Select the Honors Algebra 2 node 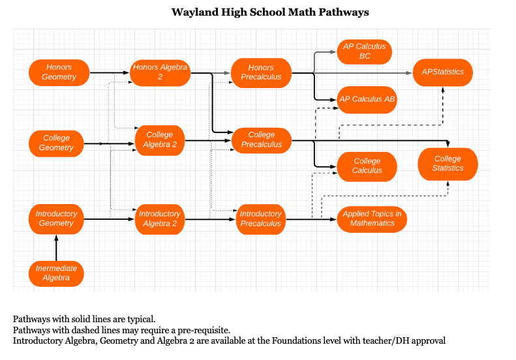point(160,72)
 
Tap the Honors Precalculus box point(261,72)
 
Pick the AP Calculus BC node point(365,51)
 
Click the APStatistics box point(443,72)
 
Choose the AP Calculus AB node point(367,99)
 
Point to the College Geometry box point(57,143)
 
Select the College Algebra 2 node point(160,140)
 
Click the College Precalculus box point(261,140)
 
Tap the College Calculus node point(367,166)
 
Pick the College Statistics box point(448,164)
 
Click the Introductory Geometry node point(56,218)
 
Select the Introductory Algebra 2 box point(160,218)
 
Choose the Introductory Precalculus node point(261,218)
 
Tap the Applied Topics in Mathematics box point(372,218)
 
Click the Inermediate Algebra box point(56,273)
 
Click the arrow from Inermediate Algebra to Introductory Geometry point(56,247)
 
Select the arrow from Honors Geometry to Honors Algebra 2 point(110,72)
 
